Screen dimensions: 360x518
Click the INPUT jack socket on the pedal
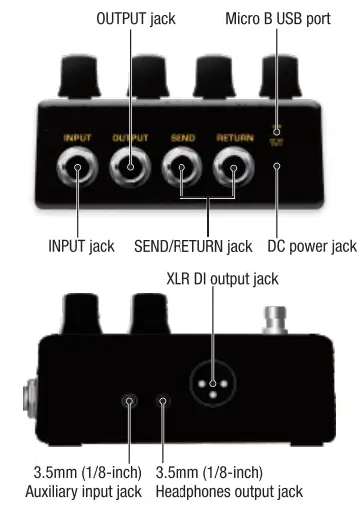(76, 173)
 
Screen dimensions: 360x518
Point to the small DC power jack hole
(278, 167)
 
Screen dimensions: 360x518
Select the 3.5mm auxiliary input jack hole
(130, 401)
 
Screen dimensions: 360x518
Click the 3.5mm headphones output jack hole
(163, 401)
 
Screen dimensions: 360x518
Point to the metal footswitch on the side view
(276, 320)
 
